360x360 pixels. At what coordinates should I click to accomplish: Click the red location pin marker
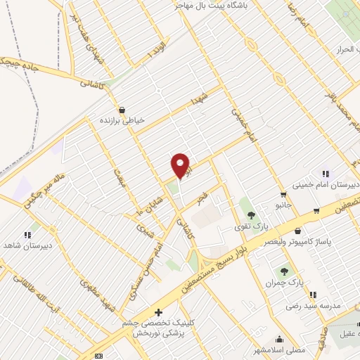coord(181,166)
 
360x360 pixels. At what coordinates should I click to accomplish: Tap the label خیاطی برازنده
coord(124,120)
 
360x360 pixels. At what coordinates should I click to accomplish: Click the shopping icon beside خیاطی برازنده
coord(124,110)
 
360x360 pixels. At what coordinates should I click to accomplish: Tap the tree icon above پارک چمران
coord(285,271)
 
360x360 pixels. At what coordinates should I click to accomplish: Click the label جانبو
coord(283,205)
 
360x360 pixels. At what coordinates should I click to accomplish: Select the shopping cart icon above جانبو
coord(283,195)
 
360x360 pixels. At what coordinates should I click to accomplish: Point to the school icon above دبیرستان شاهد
coord(27,235)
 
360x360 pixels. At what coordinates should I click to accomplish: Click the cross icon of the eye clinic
coord(159,311)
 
